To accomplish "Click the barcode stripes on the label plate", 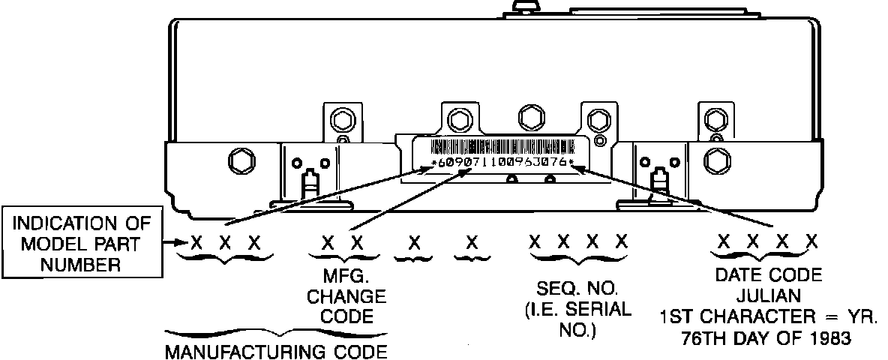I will click(500, 146).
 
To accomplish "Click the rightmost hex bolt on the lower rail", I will click(716, 159).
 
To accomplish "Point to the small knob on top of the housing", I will click(527, 6).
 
